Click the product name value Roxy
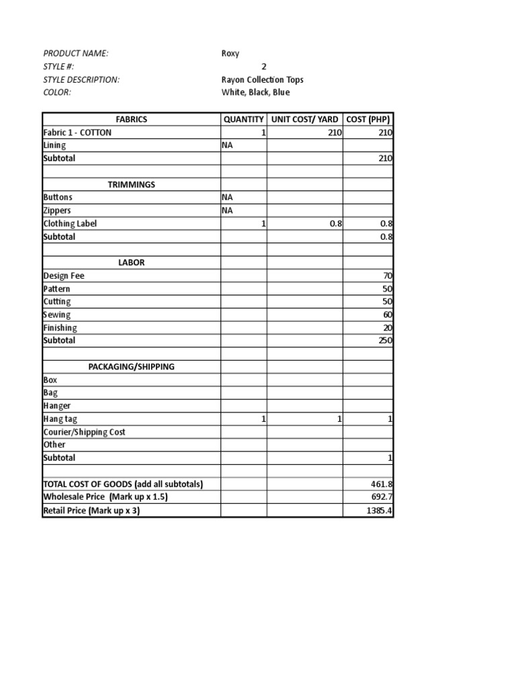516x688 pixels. pos(230,54)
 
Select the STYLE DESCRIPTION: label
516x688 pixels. pos(81,79)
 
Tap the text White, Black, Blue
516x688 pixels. pos(256,92)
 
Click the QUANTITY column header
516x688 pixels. pos(244,119)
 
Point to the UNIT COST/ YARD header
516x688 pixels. pos(305,119)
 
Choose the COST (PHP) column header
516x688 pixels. pos(368,119)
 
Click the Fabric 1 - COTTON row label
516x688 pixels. pos(77,132)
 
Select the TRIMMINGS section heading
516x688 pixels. pos(132,184)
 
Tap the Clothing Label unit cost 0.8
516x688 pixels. pos(336,224)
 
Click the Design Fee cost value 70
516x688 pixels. pos(387,275)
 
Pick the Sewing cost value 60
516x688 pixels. pos(387,314)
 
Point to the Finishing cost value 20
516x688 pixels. pos(387,328)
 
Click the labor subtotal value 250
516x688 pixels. pos(385,341)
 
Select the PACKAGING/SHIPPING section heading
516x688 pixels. pos(132,367)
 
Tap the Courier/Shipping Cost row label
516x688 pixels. pos(84,432)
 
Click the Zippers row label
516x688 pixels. pos(57,210)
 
